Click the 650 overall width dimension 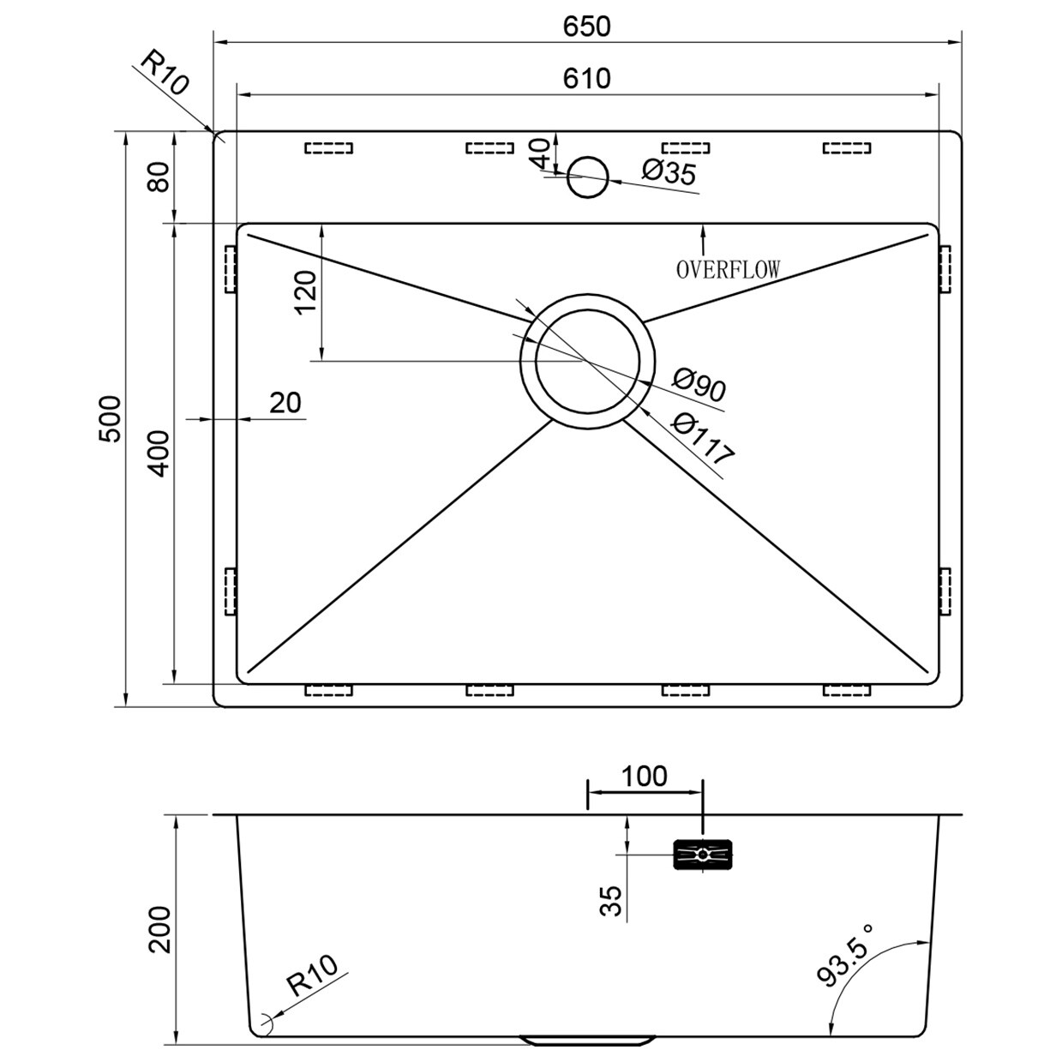coord(587,27)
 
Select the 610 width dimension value coord(587,78)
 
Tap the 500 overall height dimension coord(110,418)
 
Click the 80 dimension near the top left coord(159,177)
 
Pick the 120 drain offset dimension coord(306,292)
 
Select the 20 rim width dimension coord(285,402)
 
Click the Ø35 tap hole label coord(669,173)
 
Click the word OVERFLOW coord(728,270)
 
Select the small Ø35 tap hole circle coord(589,177)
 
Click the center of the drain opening coord(588,360)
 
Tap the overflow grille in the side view coord(704,855)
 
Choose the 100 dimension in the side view coord(644,776)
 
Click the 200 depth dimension coord(161,929)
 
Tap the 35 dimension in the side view coord(611,901)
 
